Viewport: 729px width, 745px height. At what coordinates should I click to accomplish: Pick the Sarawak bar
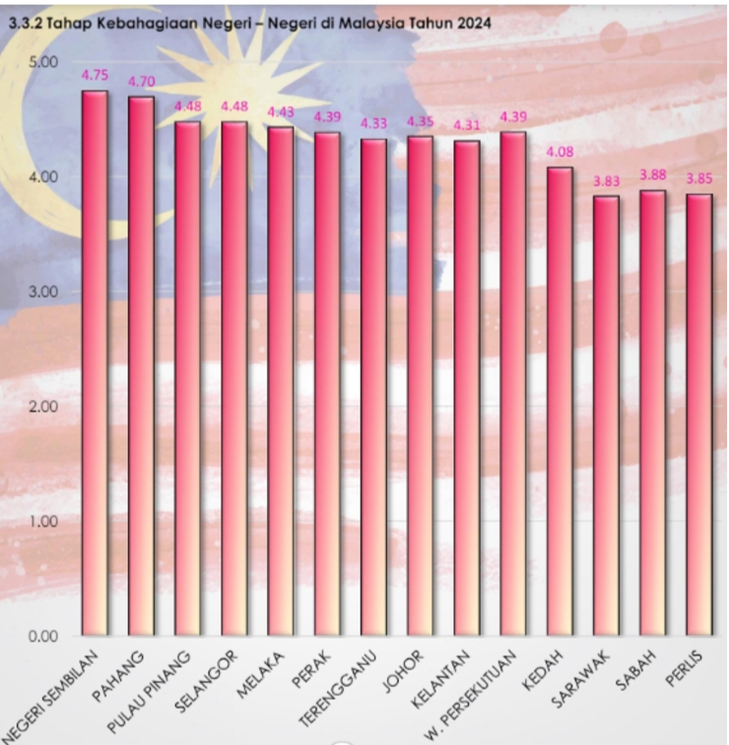click(606, 415)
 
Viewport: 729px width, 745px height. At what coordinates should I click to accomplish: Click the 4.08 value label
click(560, 152)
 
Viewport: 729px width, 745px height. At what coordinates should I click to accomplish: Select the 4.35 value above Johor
click(421, 121)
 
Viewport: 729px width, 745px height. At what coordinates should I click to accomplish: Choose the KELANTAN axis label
click(454, 669)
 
